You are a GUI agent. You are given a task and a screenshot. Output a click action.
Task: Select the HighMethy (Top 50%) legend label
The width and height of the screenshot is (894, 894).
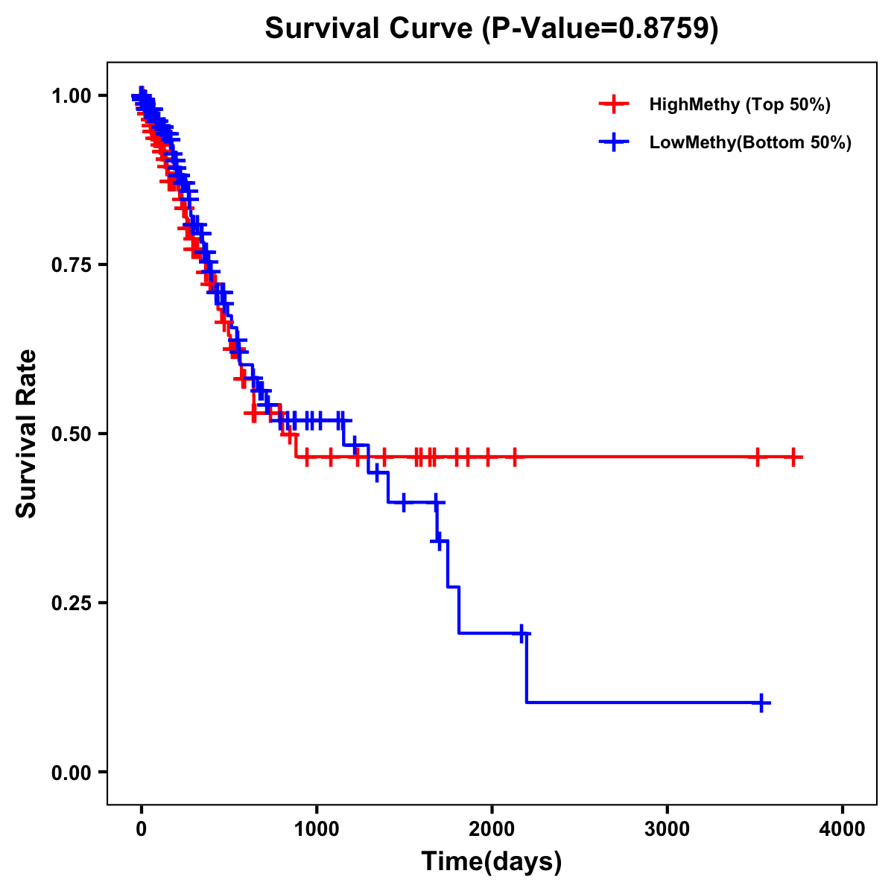[x=739, y=104]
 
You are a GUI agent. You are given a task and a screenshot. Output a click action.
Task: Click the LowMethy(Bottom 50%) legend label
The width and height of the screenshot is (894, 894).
[x=750, y=143]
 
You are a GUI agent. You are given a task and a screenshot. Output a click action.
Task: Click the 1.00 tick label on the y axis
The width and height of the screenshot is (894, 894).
[x=70, y=96]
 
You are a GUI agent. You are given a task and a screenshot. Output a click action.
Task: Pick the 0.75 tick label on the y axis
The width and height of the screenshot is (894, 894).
[x=70, y=265]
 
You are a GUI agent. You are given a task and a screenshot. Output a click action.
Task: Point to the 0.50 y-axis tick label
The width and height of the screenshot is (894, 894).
[x=70, y=434]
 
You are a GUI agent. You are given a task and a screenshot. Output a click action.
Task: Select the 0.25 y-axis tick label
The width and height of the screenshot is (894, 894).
[x=70, y=603]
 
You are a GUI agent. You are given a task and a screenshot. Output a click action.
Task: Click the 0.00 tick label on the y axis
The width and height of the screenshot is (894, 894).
[x=70, y=773]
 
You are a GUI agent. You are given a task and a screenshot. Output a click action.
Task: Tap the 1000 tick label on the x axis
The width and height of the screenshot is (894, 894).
[x=317, y=829]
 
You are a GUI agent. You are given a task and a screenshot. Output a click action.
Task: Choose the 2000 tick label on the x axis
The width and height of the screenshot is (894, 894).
[x=492, y=829]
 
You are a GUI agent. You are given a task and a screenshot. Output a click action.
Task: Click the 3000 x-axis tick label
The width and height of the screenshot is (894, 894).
[x=668, y=829]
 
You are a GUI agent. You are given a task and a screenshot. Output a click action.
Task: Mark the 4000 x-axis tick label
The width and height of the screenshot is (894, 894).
[x=843, y=829]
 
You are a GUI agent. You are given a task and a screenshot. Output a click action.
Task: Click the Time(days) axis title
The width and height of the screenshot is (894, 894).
[x=492, y=862]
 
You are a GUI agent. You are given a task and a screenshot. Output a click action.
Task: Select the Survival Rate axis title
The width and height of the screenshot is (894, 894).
[x=27, y=434]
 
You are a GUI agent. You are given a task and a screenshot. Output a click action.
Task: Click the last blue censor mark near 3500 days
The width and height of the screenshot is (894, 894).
[x=761, y=703]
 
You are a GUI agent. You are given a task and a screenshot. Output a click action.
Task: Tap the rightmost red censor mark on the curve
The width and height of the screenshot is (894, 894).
[x=793, y=457]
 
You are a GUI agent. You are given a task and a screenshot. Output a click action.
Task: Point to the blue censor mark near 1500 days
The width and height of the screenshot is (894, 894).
[x=404, y=502]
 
